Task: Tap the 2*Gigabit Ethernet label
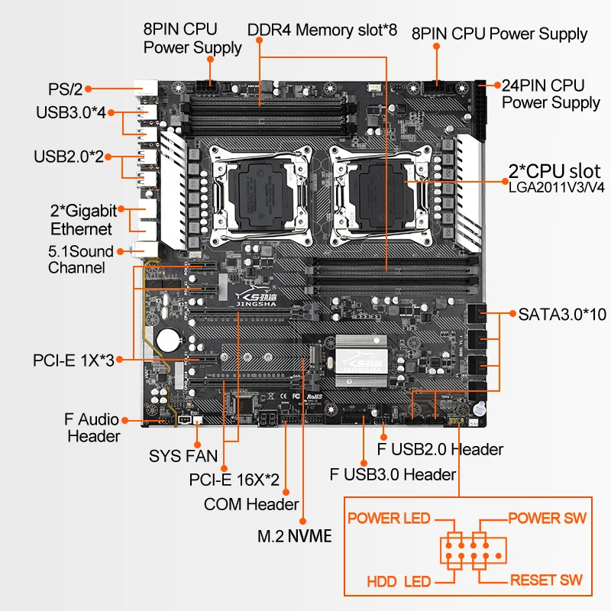[x=81, y=219]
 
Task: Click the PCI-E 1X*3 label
[x=73, y=359]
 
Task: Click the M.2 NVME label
[x=295, y=536]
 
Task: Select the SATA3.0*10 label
[x=562, y=313]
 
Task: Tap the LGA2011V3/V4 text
[x=557, y=186]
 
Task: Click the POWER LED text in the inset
[x=389, y=519]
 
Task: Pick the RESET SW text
[x=546, y=580]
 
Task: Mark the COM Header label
[x=251, y=504]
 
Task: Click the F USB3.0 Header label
[x=392, y=474]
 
